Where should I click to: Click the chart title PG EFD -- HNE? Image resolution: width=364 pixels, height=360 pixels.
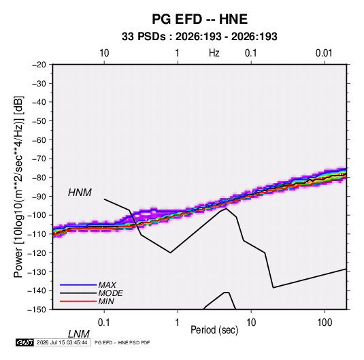(x=199, y=19)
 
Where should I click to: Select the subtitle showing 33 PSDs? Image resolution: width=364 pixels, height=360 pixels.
(x=199, y=37)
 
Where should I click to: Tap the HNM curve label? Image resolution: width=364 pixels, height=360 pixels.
(x=80, y=193)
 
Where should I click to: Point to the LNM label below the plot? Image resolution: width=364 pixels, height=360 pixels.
(x=79, y=334)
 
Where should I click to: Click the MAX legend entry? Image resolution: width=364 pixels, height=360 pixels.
(x=107, y=284)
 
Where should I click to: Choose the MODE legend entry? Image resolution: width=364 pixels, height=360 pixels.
(x=110, y=293)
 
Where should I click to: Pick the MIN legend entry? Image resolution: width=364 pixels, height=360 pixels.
(x=106, y=301)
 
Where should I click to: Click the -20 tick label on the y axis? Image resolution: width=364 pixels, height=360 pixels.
(x=39, y=65)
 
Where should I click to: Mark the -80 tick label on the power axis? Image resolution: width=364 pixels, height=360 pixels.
(x=39, y=178)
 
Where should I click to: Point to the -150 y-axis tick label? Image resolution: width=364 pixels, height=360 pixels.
(x=37, y=310)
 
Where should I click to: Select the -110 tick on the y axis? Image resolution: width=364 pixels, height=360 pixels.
(x=37, y=234)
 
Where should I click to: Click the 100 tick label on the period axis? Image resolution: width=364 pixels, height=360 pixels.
(x=325, y=323)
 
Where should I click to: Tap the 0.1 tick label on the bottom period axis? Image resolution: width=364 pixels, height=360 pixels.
(x=104, y=323)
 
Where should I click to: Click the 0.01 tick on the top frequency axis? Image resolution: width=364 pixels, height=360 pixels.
(x=324, y=53)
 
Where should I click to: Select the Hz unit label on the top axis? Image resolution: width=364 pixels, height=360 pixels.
(x=214, y=53)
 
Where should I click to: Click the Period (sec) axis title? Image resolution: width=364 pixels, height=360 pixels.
(x=214, y=330)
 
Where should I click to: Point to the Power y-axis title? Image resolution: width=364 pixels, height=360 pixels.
(x=18, y=187)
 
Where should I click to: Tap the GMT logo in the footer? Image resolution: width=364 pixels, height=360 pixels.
(x=24, y=342)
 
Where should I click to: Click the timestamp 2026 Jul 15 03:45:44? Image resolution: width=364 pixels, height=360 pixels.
(x=62, y=342)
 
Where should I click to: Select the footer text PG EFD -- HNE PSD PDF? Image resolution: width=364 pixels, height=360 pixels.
(x=122, y=342)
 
